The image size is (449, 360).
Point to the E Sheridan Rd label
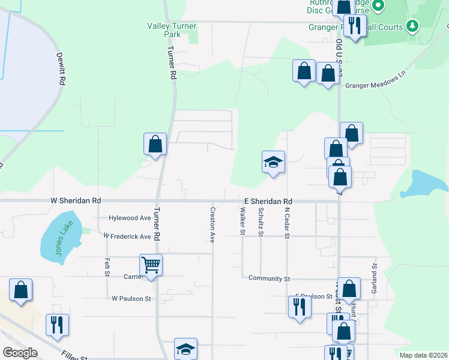268,201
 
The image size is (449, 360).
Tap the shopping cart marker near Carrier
151,264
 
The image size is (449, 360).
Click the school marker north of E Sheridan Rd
273,162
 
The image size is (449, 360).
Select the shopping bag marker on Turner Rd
155,144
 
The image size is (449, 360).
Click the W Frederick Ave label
127,236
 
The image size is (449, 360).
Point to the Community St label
269,279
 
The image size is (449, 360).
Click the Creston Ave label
212,225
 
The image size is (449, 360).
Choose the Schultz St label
261,222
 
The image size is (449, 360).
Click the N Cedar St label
287,223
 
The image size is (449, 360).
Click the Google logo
19,353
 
